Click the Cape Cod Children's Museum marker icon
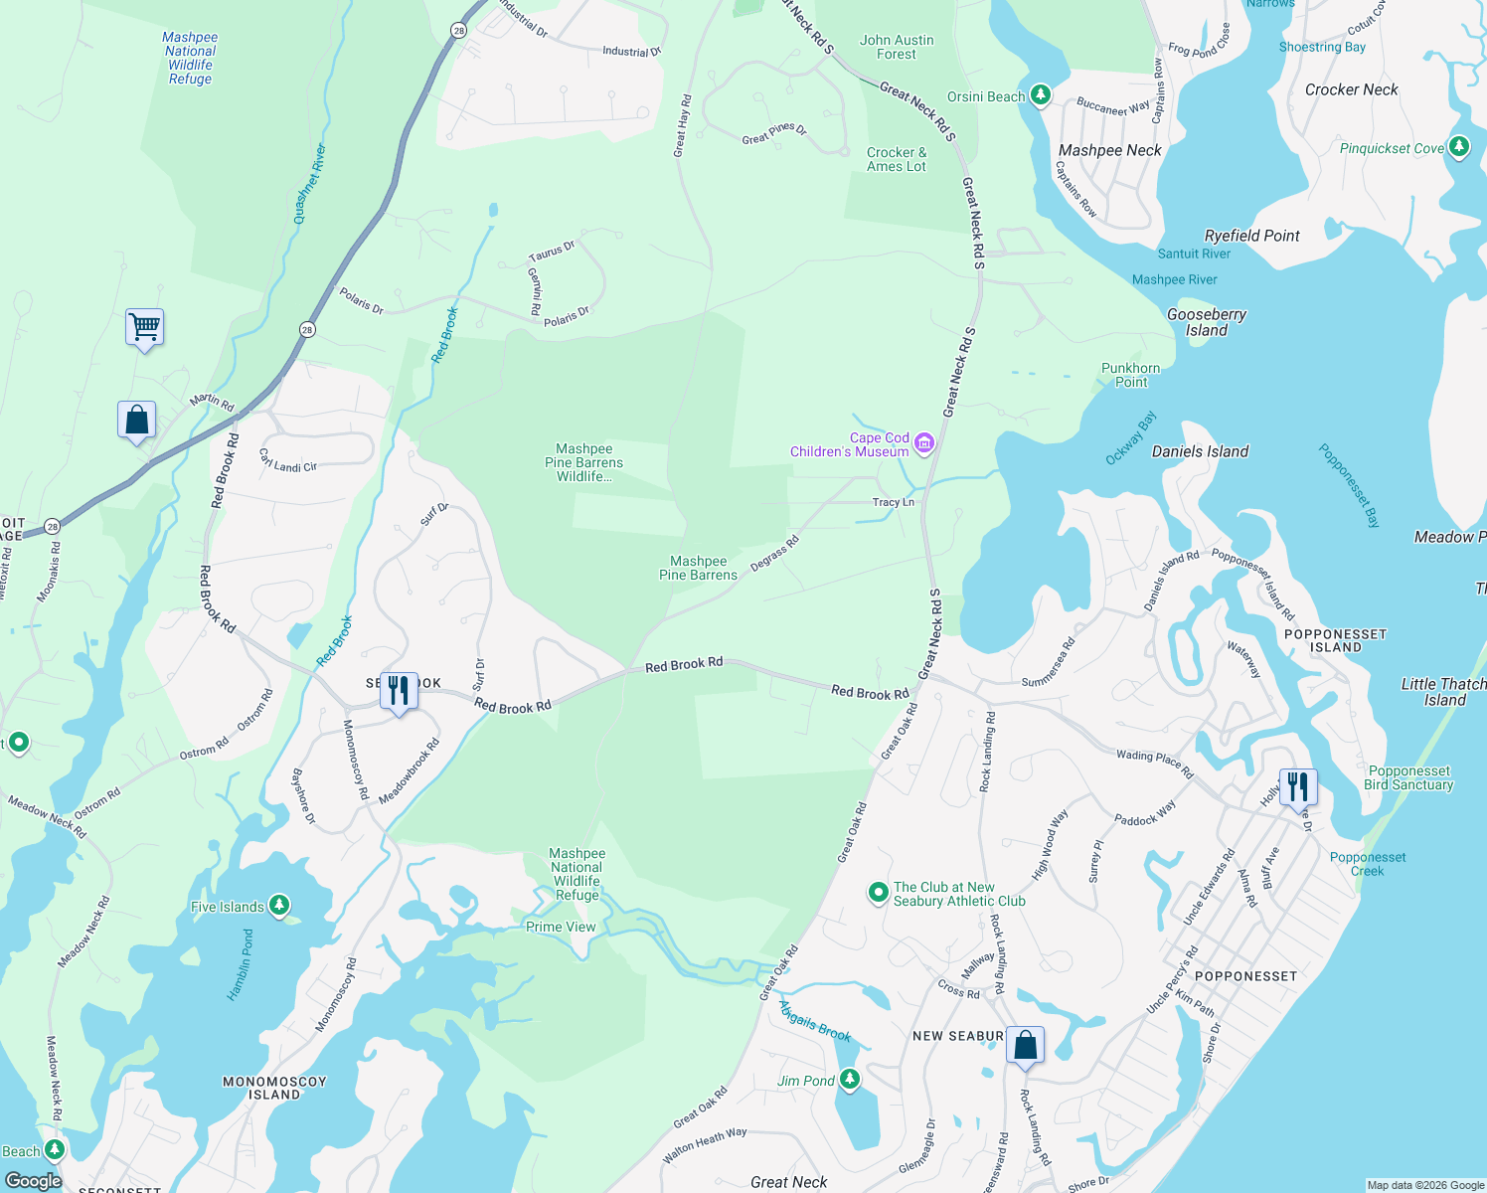tap(924, 443)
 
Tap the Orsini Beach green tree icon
tap(1040, 95)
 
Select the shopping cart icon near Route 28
tap(144, 326)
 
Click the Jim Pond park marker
tap(849, 1080)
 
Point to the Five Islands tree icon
tap(279, 906)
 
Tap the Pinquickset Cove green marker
tap(1458, 147)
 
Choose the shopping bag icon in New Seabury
tap(1025, 1046)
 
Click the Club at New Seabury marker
tap(878, 893)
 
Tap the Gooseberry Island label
tap(1206, 322)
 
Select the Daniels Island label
tap(1200, 451)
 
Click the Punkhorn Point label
tap(1130, 375)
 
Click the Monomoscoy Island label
tap(274, 1088)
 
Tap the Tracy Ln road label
tap(893, 502)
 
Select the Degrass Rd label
tap(774, 554)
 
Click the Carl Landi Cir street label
tap(287, 460)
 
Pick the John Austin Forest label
tap(897, 47)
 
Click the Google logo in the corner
tap(33, 1180)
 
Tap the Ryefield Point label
tap(1251, 236)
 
